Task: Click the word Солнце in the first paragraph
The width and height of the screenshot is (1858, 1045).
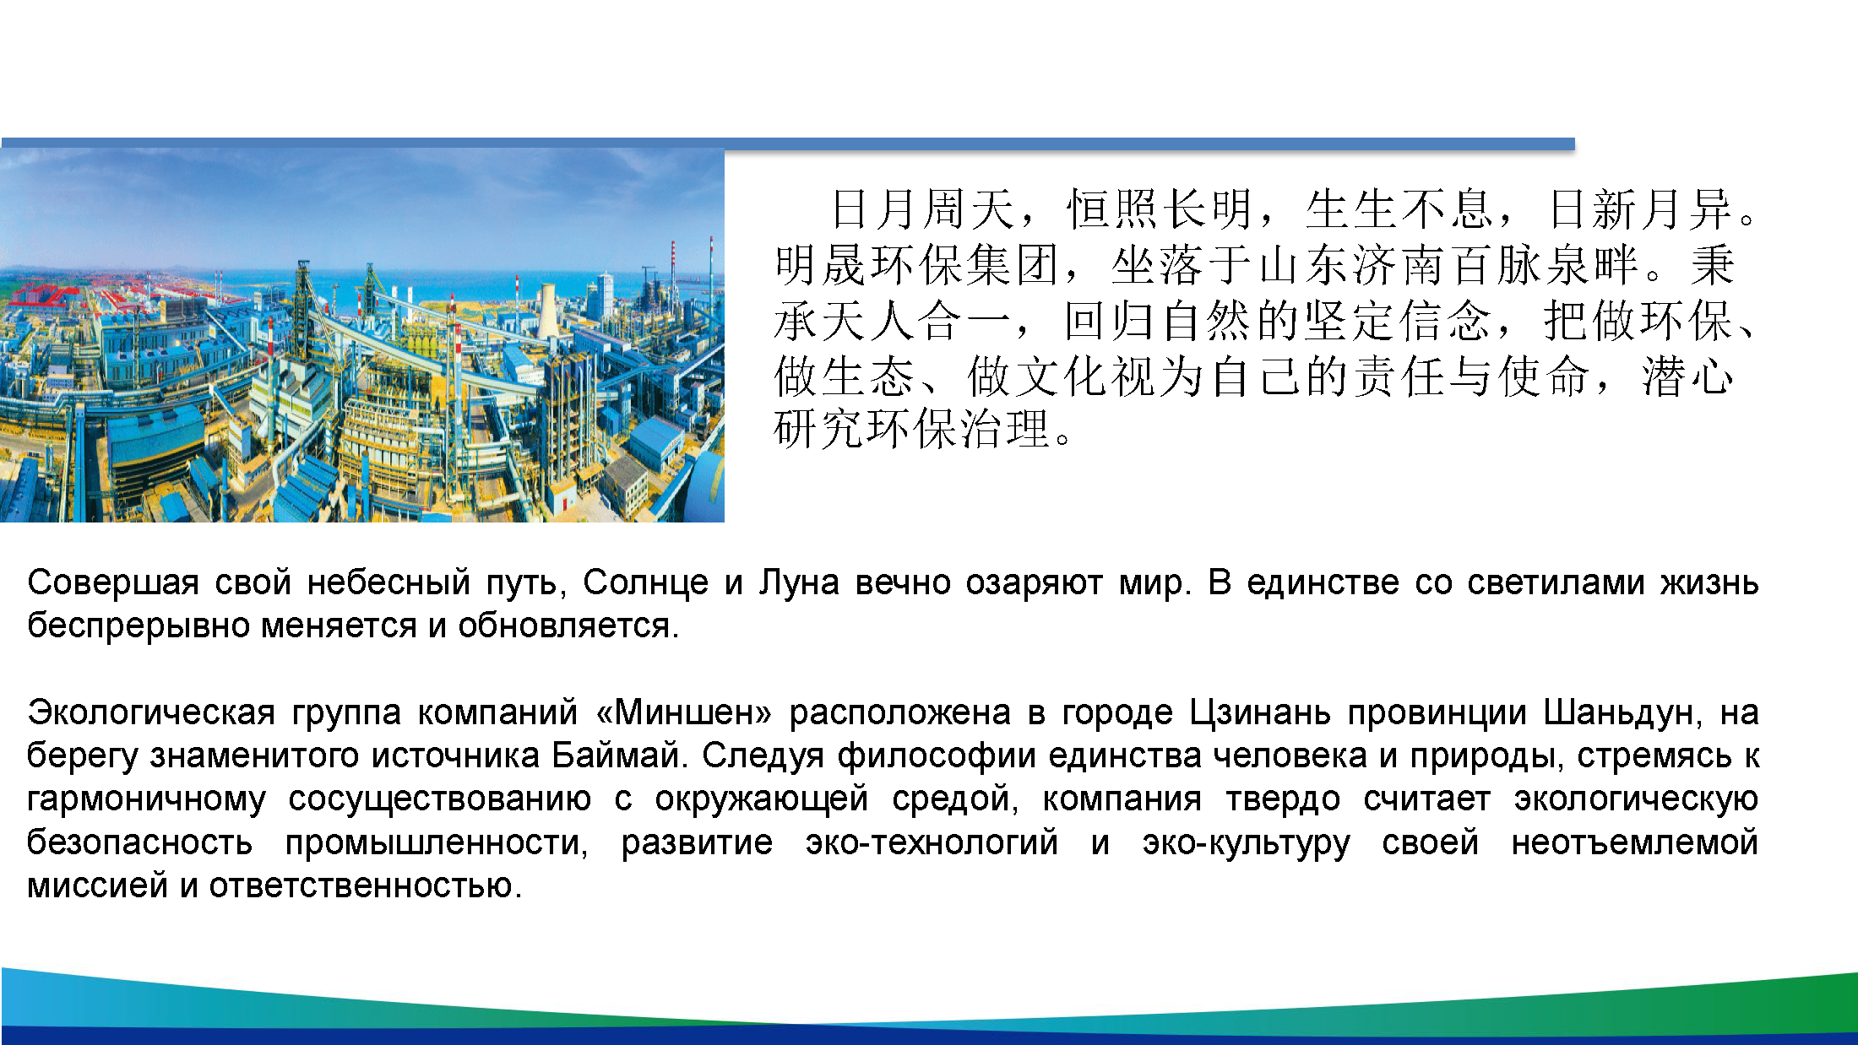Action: point(645,583)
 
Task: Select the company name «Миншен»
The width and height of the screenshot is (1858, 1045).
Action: point(683,713)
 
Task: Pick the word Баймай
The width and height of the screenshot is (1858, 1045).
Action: point(616,756)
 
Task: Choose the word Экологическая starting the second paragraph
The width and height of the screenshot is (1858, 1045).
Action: point(151,713)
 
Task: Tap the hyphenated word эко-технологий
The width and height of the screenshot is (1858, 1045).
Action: point(932,843)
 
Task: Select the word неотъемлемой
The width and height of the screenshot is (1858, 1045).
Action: point(1634,843)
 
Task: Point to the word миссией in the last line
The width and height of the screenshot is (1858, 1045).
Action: point(97,886)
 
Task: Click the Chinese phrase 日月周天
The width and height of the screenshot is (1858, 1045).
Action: point(922,209)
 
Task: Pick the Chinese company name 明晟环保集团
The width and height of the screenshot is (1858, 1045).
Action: point(917,265)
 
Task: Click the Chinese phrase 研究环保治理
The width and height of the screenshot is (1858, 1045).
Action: point(912,429)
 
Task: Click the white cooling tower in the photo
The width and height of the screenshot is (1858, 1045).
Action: point(547,311)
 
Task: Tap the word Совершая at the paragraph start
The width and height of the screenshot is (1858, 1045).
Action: point(113,583)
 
